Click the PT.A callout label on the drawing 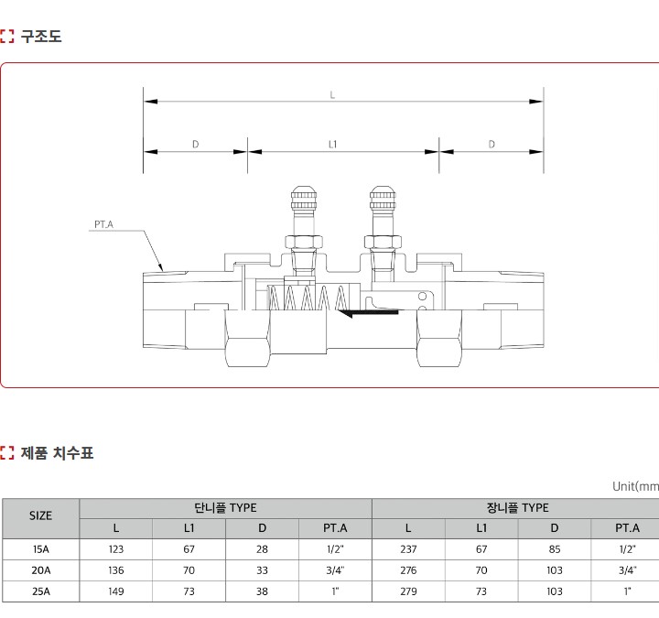pos(103,224)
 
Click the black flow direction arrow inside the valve pos(368,313)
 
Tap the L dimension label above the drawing pos(332,95)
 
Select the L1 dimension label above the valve pos(332,145)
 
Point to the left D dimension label pos(196,145)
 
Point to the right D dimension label pos(492,145)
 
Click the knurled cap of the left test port pos(303,199)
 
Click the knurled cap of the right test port pos(383,199)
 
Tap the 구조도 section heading pos(41,37)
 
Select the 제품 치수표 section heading pos(57,453)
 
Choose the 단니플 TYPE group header pos(226,508)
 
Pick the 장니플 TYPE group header pos(518,508)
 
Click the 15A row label pos(41,549)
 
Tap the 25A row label pos(41,591)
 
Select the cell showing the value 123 pos(116,549)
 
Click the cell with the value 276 pos(408,570)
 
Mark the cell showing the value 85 pos(555,549)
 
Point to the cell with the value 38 pos(263,591)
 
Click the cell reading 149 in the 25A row pos(116,591)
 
